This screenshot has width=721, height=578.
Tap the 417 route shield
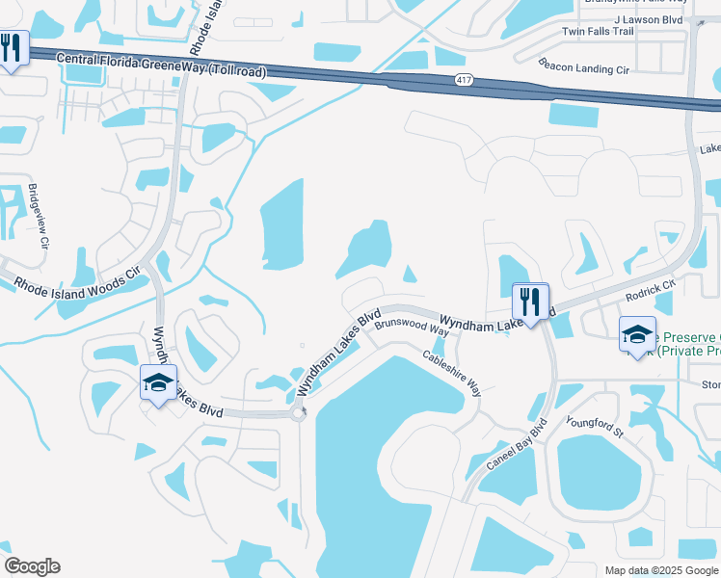465,82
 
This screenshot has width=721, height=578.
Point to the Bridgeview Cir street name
38,216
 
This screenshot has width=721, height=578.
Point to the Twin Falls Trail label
598,32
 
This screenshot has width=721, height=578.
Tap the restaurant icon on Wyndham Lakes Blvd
530,301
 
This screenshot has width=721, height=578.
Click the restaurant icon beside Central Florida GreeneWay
12,48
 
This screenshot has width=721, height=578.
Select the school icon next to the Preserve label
637,334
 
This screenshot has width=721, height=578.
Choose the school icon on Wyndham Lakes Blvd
159,383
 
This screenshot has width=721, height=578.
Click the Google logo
32,566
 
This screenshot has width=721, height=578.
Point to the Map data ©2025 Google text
660,570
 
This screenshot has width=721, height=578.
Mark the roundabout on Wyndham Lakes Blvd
299,413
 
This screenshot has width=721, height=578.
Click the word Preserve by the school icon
688,337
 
